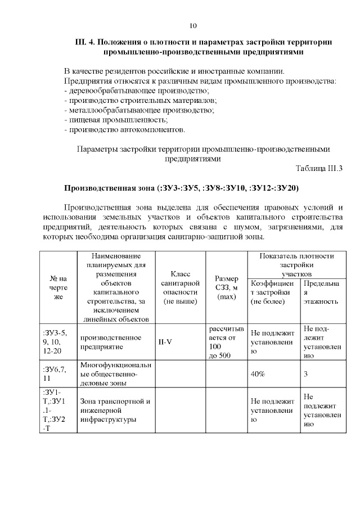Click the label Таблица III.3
[319, 168]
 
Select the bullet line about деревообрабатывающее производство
[137, 91]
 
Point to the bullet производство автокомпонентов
[125, 129]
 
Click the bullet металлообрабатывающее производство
[139, 110]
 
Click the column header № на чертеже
[58, 287]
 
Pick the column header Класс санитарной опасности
[179, 287]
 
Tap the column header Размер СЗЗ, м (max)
[226, 287]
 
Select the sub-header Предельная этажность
[321, 292]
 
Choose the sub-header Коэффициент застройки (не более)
[273, 292]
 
